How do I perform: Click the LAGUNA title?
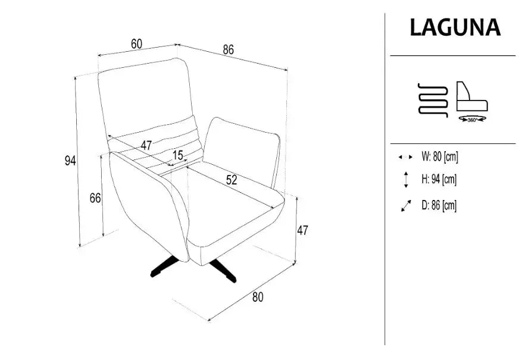tap(455, 27)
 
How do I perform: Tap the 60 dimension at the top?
tap(136, 43)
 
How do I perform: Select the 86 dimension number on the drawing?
tap(229, 49)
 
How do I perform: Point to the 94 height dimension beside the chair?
tap(70, 161)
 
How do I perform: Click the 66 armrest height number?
tap(95, 198)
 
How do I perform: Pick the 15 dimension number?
tap(178, 155)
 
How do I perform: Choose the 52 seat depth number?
tap(232, 180)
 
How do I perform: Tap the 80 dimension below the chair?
tap(258, 297)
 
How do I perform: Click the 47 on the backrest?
tap(146, 145)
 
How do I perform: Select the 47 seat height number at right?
tap(302, 230)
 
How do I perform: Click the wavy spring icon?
tap(433, 100)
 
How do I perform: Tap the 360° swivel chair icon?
tap(472, 102)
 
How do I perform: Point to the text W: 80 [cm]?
tap(440, 156)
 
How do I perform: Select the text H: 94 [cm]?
tap(439, 179)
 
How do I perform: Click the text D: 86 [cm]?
tap(439, 205)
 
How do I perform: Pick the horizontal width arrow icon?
tap(405, 156)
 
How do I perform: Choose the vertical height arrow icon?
tap(406, 180)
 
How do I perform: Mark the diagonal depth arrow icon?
tap(406, 206)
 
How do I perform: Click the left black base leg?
tap(164, 266)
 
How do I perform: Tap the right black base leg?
tap(223, 271)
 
